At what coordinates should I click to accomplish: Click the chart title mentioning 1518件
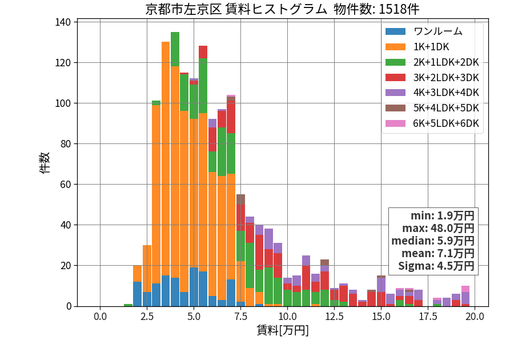coord(282,9)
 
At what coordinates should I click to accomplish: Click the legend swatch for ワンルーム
coord(395,31)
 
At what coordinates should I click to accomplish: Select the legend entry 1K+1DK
coord(431,47)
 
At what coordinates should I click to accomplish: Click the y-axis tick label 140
coord(63,22)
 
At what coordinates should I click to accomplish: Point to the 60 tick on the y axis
coord(66,184)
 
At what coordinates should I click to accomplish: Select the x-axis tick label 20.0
coord(475,317)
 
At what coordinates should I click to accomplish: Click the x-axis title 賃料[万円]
coord(283,330)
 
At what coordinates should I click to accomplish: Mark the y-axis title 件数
coord(45,163)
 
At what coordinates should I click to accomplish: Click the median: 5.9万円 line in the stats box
coord(433,241)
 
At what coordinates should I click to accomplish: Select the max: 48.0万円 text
coord(438,228)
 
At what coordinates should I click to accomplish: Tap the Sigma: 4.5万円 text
coord(436,266)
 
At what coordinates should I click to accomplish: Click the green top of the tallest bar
coord(175,49)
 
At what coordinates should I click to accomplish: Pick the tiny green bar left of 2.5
coord(128,305)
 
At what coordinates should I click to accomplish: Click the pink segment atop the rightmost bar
coord(465,289)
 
